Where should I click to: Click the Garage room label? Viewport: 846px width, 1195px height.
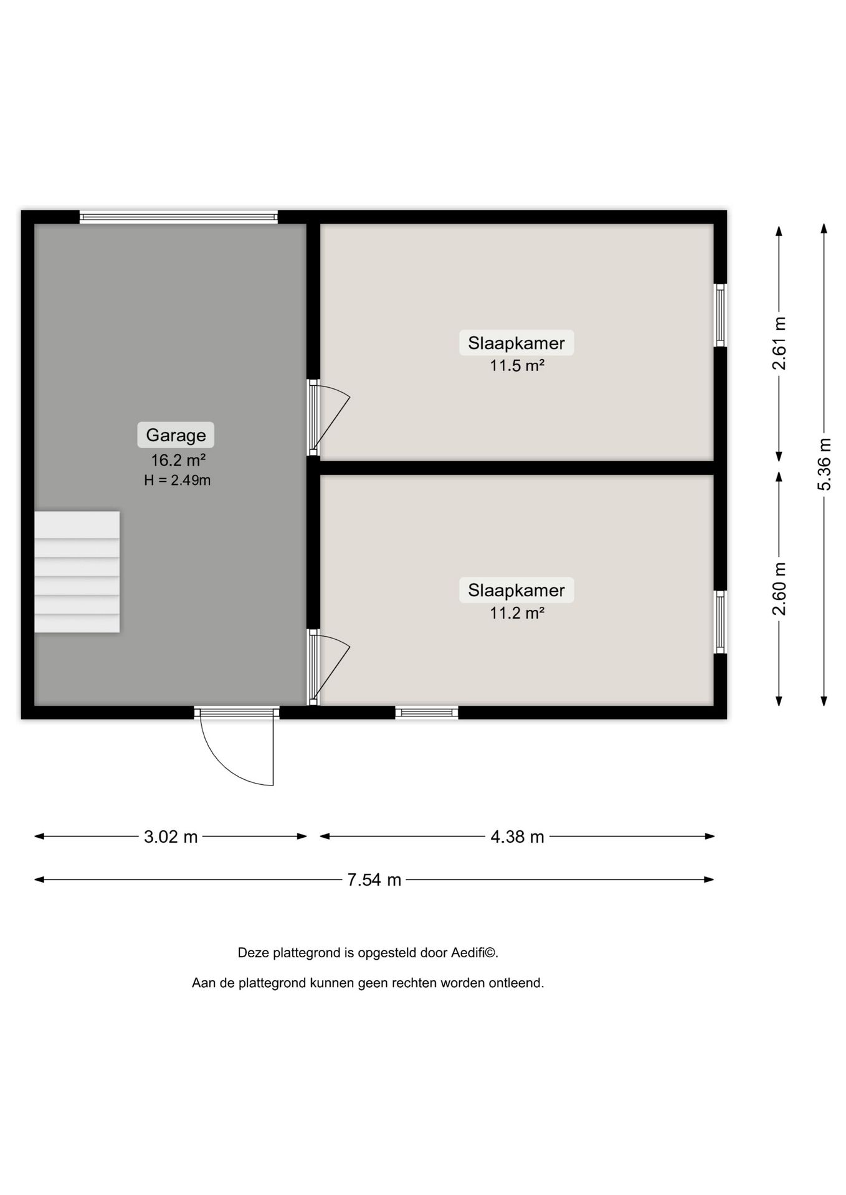point(176,435)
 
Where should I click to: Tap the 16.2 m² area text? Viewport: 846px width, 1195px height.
point(178,461)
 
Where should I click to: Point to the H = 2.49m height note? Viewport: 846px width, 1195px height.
point(178,480)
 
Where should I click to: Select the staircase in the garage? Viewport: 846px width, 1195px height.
point(77,572)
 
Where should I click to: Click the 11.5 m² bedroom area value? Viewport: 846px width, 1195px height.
point(516,365)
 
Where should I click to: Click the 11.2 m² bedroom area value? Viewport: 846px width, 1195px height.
point(516,613)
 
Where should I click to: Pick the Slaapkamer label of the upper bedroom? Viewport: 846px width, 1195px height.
point(516,343)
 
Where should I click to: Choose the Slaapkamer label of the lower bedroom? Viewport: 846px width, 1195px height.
point(516,590)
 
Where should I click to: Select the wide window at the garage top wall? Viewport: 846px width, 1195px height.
point(179,217)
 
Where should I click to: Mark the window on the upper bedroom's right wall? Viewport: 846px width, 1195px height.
point(720,315)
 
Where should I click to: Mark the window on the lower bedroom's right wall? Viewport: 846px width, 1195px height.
point(720,622)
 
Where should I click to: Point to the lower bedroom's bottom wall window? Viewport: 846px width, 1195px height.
point(427,712)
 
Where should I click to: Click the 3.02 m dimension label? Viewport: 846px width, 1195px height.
point(171,836)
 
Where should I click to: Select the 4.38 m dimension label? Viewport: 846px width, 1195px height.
point(517,836)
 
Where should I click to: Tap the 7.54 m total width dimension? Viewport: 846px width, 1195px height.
point(374,879)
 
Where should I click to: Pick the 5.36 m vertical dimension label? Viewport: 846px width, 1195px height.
point(824,464)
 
